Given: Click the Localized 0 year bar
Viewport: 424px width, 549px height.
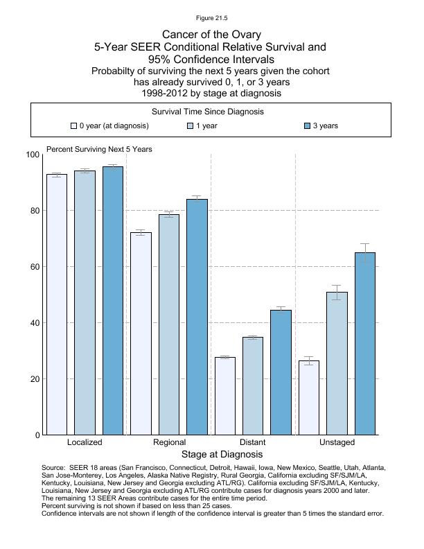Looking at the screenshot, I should tap(57, 304).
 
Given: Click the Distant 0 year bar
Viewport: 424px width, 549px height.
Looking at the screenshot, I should tap(225, 396).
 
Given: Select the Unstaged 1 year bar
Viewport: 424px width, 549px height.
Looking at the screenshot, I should tap(337, 363).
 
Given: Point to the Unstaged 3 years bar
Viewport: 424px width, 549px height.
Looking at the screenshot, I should tap(365, 343).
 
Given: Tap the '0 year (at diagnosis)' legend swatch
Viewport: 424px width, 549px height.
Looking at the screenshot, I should tap(73, 126).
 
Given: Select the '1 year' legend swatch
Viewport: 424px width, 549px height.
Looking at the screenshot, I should tap(191, 126).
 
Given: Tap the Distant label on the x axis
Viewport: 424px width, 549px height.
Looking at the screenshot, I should tap(252, 442).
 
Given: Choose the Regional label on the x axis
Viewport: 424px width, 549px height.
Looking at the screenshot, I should tap(169, 442).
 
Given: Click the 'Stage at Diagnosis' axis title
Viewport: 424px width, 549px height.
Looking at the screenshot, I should tap(222, 455).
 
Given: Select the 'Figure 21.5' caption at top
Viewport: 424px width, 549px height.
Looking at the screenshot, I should tap(211, 18).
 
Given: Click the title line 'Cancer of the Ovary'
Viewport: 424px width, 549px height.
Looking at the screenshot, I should tap(211, 34).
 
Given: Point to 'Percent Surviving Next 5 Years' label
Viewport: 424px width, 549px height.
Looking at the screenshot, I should tap(99, 149).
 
